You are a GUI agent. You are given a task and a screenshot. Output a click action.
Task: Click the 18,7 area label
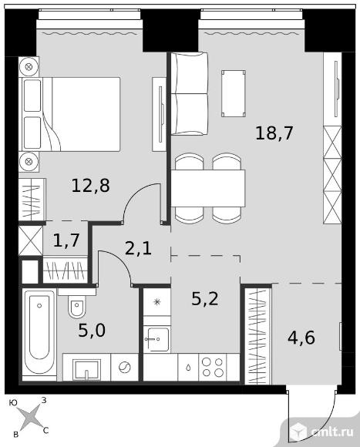[274, 133]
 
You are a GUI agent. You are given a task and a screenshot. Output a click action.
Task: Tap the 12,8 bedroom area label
[91, 185]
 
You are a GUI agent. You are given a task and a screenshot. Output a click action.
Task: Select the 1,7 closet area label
[66, 240]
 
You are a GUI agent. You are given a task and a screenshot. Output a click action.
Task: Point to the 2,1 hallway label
[138, 248]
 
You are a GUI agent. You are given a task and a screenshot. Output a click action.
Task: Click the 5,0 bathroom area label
[92, 331]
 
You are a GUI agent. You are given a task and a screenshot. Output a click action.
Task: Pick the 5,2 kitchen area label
[205, 299]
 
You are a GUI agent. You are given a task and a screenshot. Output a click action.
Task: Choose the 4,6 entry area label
[301, 338]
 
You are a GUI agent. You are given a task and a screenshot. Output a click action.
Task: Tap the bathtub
[39, 334]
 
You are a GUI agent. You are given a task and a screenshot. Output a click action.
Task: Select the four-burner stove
[212, 367]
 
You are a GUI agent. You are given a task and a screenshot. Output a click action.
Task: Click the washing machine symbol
[124, 367]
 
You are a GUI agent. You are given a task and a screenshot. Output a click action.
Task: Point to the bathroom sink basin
[86, 370]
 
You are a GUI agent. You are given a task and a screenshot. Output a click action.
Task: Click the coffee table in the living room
[234, 93]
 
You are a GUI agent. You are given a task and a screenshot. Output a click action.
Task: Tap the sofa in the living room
[189, 93]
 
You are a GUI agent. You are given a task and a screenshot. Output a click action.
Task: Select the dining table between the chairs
[208, 189]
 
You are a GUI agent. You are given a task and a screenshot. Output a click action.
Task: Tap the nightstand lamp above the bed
[29, 67]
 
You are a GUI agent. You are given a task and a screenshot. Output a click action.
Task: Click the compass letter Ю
[12, 402]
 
